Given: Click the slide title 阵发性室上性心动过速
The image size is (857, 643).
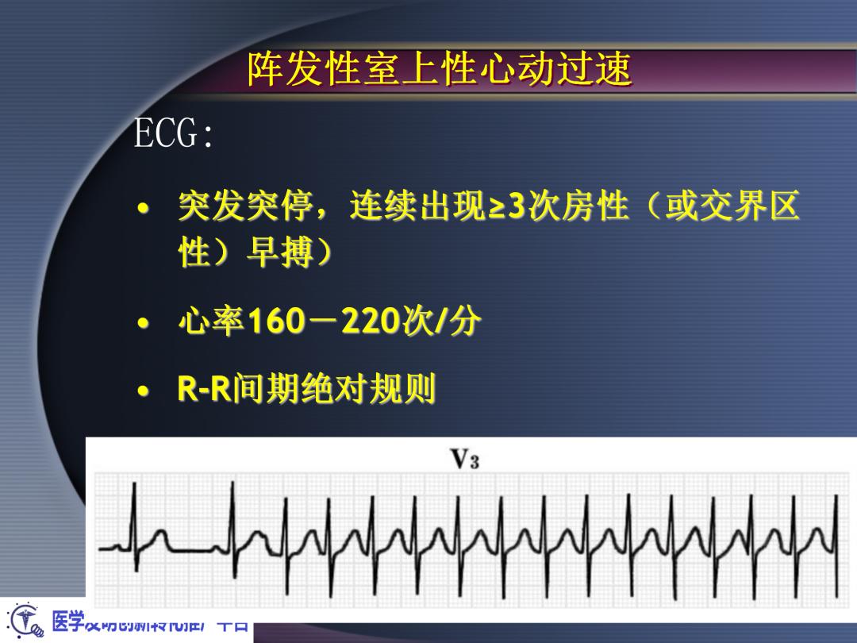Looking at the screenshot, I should click(440, 71).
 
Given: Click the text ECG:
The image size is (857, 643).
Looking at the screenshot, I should click(173, 135).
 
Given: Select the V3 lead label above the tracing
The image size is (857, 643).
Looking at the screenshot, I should click(464, 459).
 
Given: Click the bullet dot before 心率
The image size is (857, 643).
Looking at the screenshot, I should click(143, 324).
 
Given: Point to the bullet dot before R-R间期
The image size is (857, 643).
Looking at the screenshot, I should click(143, 391).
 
